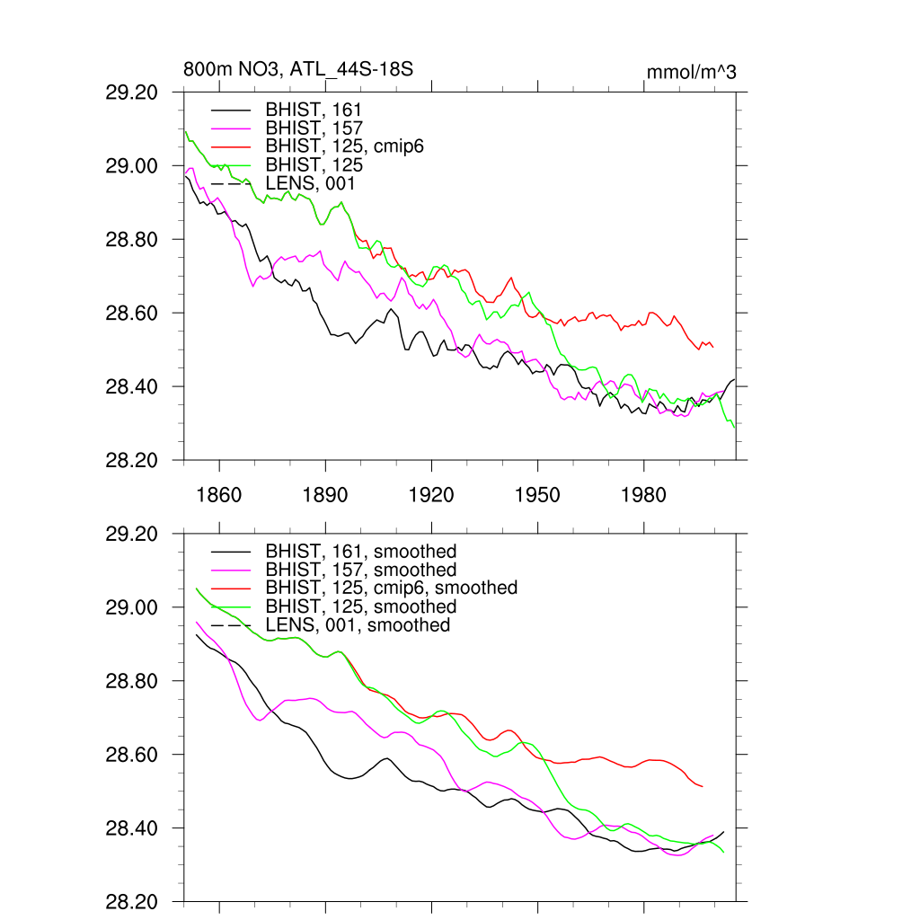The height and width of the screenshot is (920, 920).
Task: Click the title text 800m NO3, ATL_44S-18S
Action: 298,70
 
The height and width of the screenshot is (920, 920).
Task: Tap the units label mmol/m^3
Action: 691,72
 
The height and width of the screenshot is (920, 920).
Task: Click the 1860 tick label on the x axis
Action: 219,496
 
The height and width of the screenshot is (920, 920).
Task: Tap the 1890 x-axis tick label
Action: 325,496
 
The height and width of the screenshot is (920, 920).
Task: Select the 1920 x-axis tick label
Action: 431,496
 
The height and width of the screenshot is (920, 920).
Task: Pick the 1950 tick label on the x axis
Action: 537,496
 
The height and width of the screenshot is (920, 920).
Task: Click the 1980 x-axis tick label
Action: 643,496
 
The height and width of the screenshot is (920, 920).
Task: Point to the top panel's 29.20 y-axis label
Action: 132,93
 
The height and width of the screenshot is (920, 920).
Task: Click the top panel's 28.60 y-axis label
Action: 132,314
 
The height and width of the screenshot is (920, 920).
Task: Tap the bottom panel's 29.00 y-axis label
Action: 132,607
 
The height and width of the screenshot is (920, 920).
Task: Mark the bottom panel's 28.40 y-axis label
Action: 132,828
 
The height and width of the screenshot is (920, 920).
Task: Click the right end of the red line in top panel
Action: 712,347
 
